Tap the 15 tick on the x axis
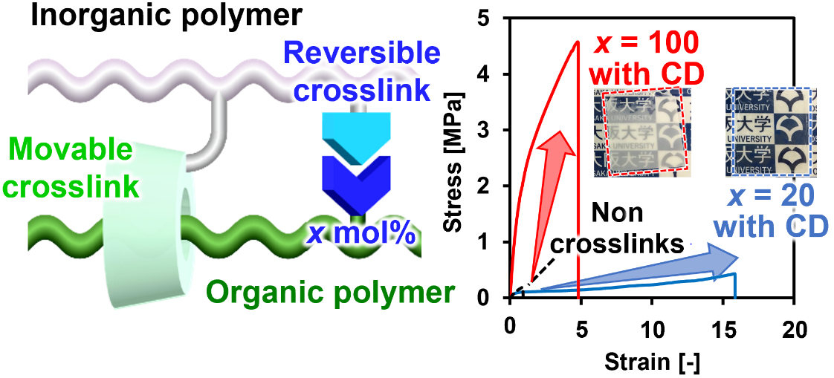pyautogui.click(x=723, y=327)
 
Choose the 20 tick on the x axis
pyautogui.click(x=794, y=327)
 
